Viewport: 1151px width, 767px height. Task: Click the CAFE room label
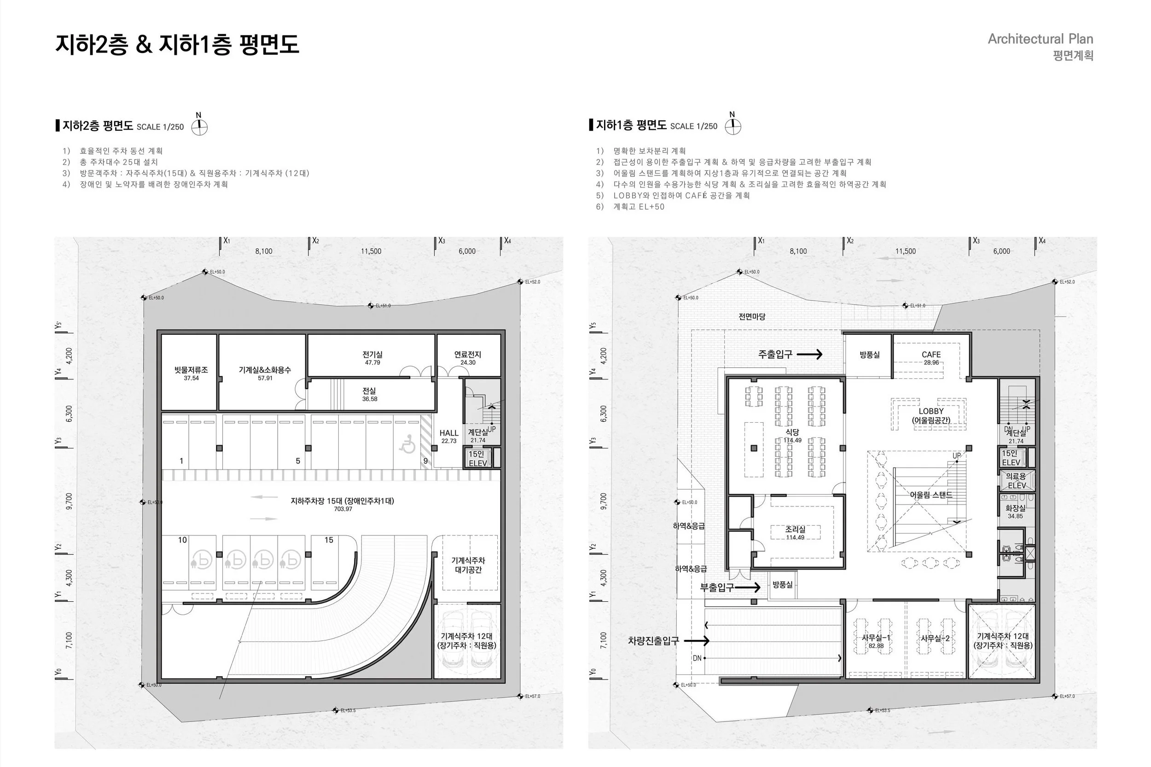(931, 354)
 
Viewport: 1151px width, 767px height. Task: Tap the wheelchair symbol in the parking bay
(407, 444)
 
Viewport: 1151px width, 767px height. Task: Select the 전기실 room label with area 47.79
(372, 354)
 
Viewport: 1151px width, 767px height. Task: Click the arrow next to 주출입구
(810, 354)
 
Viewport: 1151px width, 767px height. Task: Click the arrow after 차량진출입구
(697, 640)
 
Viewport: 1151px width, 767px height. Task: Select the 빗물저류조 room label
(191, 370)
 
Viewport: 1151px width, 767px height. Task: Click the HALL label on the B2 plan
(448, 433)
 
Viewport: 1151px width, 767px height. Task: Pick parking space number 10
(182, 540)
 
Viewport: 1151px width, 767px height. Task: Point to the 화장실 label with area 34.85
(1015, 508)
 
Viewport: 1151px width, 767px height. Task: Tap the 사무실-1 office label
(876, 638)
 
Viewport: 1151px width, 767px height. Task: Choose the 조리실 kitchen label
(795, 529)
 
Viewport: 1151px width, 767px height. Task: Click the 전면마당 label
(752, 316)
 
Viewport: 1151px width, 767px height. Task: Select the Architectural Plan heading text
(1040, 39)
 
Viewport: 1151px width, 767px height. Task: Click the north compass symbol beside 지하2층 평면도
(199, 127)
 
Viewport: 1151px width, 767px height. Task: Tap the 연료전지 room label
(468, 354)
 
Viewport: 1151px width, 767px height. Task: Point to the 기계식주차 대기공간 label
(468, 565)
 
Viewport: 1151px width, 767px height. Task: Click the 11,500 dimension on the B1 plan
(906, 251)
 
